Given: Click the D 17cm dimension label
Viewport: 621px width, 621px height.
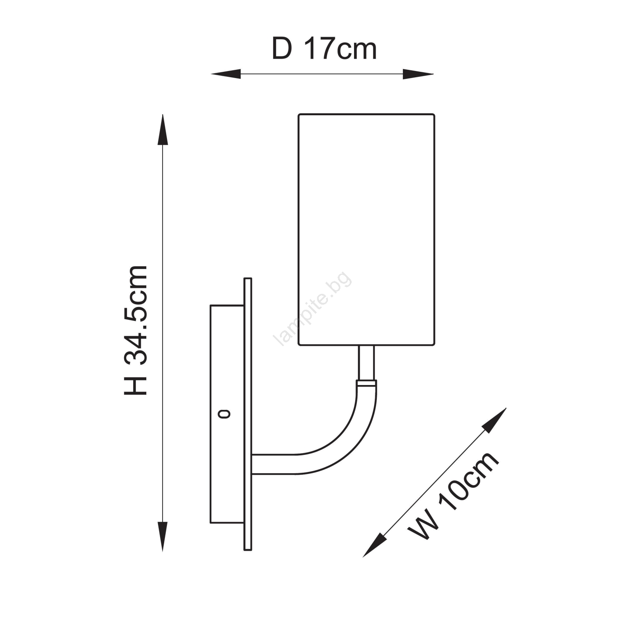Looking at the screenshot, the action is [324, 49].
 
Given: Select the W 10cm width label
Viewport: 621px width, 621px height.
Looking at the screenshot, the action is [453, 495].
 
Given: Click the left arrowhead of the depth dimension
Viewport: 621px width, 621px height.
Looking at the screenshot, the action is [226, 74].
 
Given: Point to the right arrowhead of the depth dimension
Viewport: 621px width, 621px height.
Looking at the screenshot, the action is [418, 74].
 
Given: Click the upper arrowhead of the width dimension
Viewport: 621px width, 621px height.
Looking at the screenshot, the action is [494, 420].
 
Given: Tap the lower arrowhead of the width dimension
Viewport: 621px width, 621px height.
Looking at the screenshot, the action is [375, 545].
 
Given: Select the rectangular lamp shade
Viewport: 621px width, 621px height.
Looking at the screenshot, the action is [366, 229].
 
